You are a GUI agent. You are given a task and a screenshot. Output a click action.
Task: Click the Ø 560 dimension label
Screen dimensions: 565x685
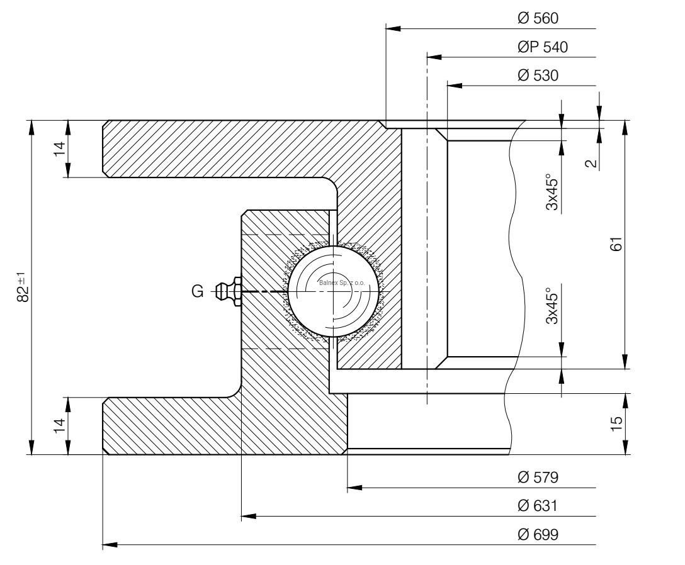536,19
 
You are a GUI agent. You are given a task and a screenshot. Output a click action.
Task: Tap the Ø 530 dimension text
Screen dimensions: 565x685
536,76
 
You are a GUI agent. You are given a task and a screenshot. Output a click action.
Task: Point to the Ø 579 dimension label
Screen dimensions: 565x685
536,478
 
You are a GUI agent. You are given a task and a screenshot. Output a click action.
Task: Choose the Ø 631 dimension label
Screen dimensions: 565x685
536,506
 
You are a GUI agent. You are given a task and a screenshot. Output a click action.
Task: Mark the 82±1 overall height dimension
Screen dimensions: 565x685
23,287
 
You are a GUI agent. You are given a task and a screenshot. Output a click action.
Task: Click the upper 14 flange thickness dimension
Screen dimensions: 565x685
60,149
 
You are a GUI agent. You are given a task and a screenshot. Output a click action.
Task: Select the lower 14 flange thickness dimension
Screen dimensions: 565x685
60,425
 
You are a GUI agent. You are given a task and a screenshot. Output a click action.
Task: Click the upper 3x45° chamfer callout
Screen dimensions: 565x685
552,192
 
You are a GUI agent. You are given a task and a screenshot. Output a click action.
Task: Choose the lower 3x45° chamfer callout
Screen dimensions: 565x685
552,306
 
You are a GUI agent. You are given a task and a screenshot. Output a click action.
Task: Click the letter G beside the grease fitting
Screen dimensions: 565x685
197,291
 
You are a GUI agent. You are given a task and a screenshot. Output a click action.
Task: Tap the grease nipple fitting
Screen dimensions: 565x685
229,291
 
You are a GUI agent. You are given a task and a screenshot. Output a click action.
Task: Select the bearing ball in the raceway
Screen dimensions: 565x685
334,291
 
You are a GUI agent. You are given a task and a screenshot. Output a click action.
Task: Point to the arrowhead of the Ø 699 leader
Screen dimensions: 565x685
108,543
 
